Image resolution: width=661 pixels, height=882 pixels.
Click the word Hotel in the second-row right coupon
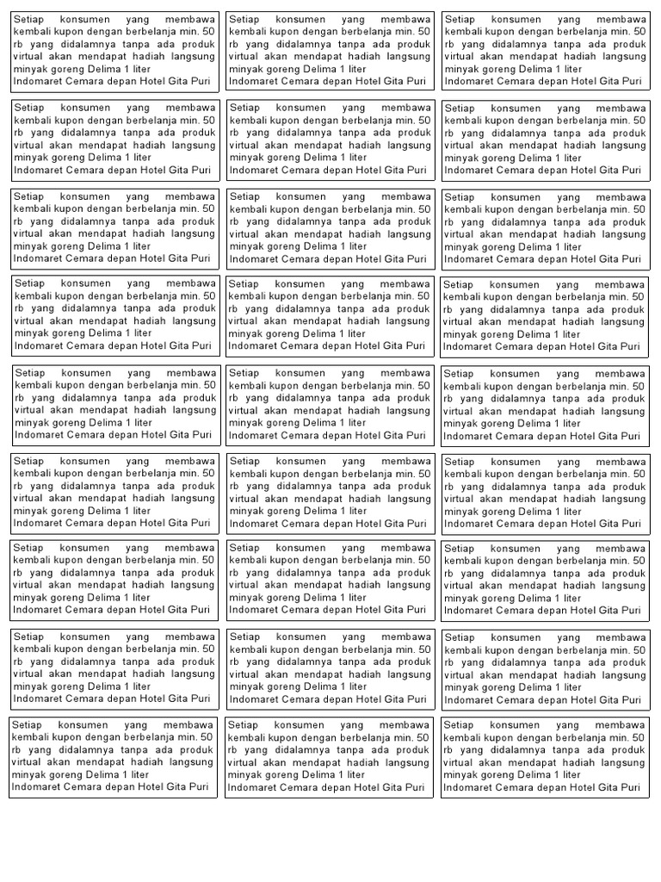(x=575, y=170)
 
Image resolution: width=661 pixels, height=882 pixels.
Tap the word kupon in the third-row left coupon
(x=71, y=208)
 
